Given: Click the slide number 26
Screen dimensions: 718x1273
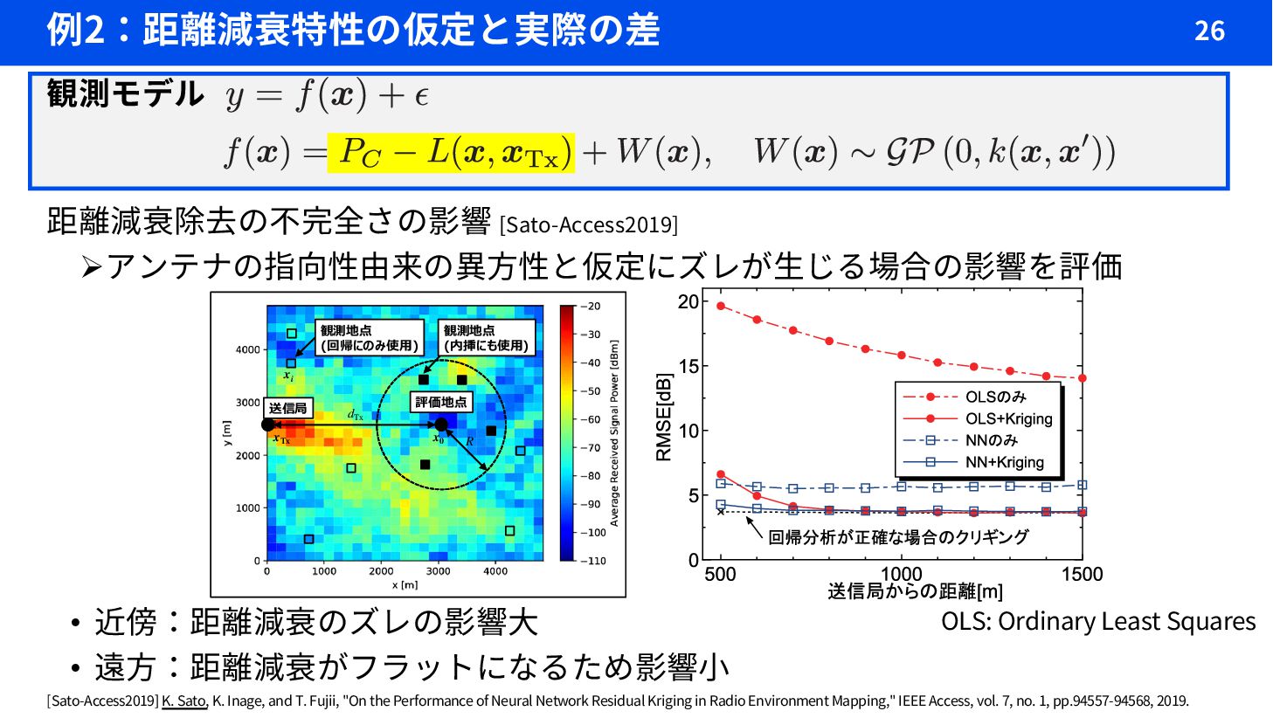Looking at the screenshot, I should pos(1209,31).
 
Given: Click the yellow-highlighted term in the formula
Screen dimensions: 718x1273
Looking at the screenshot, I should pos(451,153).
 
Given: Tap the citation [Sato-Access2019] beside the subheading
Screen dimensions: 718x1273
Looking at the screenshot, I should pos(588,224).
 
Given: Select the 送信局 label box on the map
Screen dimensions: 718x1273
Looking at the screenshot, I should pos(287,408).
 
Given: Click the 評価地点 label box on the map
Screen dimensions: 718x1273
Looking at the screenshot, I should pos(441,402).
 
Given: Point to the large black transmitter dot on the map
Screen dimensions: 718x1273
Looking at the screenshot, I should pos(268,425).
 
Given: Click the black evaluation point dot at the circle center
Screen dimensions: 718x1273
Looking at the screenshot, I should pos(441,425).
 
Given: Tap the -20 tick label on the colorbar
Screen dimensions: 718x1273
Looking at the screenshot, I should pos(592,307).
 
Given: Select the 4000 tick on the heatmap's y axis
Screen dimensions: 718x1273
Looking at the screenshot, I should pos(247,350).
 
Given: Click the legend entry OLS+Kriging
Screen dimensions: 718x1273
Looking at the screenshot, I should pos(1008,419).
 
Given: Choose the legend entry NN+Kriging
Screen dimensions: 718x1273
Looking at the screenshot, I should pos(1004,462).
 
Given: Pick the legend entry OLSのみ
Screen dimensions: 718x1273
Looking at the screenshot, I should pos(995,397).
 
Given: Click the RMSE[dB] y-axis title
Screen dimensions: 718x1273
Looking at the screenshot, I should pos(665,418).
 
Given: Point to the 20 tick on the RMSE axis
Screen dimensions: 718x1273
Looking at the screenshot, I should pos(688,302).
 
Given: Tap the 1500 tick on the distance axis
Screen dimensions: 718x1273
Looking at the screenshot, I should pos(1082,575).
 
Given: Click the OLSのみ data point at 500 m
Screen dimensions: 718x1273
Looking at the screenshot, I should pos(721,306).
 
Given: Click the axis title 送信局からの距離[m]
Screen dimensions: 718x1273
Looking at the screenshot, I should pos(915,592).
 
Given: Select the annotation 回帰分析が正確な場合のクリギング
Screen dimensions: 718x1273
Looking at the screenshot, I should pos(897,537).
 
